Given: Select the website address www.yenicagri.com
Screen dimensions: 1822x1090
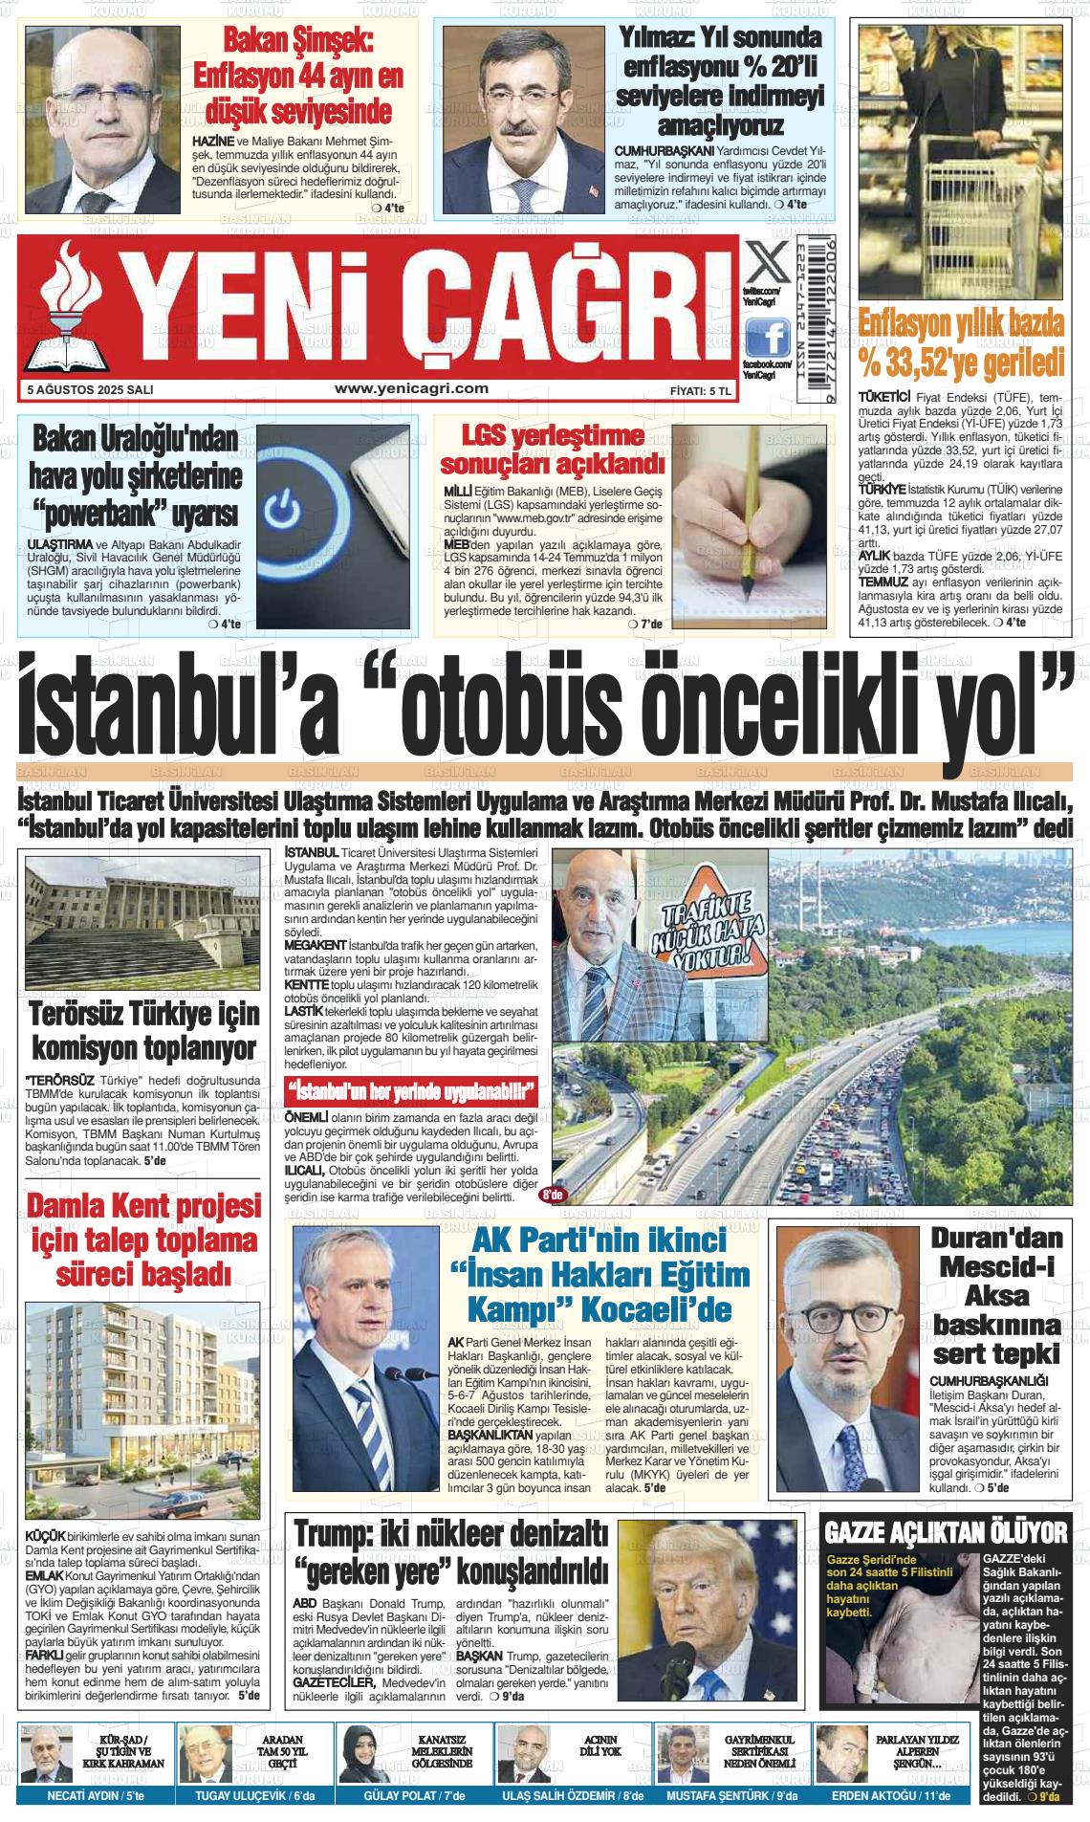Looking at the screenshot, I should pos(412,388).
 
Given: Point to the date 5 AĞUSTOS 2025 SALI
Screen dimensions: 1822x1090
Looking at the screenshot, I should pos(91,390).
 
